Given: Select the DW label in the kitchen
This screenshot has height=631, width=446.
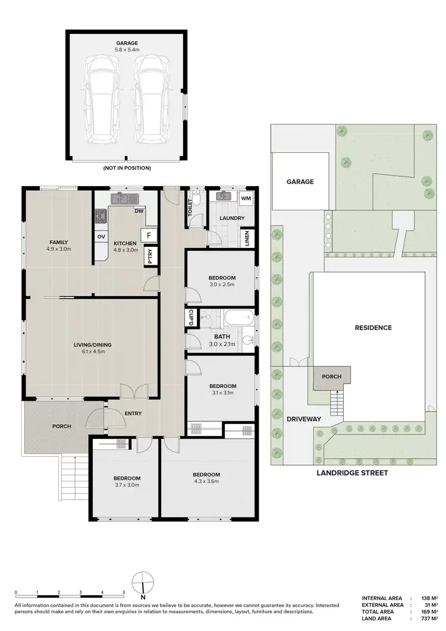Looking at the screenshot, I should (x=139, y=211).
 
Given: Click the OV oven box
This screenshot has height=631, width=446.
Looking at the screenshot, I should (x=101, y=237).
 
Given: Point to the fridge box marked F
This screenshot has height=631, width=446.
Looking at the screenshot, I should (x=148, y=235).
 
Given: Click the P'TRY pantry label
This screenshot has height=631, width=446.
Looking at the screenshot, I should (x=150, y=255).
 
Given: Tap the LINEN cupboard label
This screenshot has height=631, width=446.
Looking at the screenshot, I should (x=247, y=239).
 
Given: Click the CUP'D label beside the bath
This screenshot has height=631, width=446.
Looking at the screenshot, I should (x=191, y=318).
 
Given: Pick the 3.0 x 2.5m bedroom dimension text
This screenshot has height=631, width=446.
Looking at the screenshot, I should (x=222, y=285).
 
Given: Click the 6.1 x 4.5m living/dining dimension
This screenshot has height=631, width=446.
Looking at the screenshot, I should (x=93, y=351).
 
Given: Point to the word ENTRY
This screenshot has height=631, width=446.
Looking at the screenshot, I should (x=133, y=414).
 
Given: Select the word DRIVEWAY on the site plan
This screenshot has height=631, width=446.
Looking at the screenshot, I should (x=304, y=419).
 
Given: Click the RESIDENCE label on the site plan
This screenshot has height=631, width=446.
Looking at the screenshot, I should (x=373, y=328).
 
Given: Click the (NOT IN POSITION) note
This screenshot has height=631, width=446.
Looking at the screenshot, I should (x=127, y=168).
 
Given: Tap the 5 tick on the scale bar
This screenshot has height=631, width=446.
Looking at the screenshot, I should (x=124, y=593).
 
